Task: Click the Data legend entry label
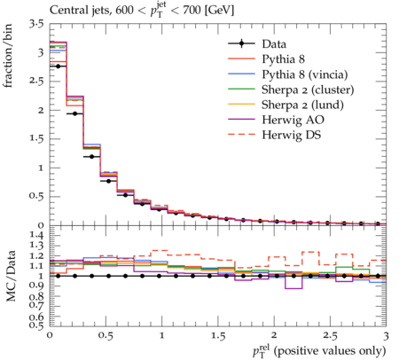(x=274, y=44)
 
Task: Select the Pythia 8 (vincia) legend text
(x=305, y=74)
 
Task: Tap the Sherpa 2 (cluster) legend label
(x=308, y=90)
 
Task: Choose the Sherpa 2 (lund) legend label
(x=302, y=105)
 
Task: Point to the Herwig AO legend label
(x=293, y=120)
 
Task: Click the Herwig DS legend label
(x=292, y=135)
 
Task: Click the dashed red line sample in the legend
(x=241, y=134)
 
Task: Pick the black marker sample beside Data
(x=241, y=43)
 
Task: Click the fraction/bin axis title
(x=8, y=56)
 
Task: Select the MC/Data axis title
(x=11, y=276)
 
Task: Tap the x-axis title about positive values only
(x=319, y=351)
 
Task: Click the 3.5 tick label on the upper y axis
(x=36, y=24)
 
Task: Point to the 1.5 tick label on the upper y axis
(x=36, y=139)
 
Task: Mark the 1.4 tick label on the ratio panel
(x=36, y=236)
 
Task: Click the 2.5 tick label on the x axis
(x=330, y=336)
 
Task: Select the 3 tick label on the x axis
(x=386, y=336)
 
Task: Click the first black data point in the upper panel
(x=58, y=67)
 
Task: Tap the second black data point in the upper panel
(x=74, y=113)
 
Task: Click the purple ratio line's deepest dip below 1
(x=294, y=288)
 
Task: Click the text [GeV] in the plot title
(x=220, y=11)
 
